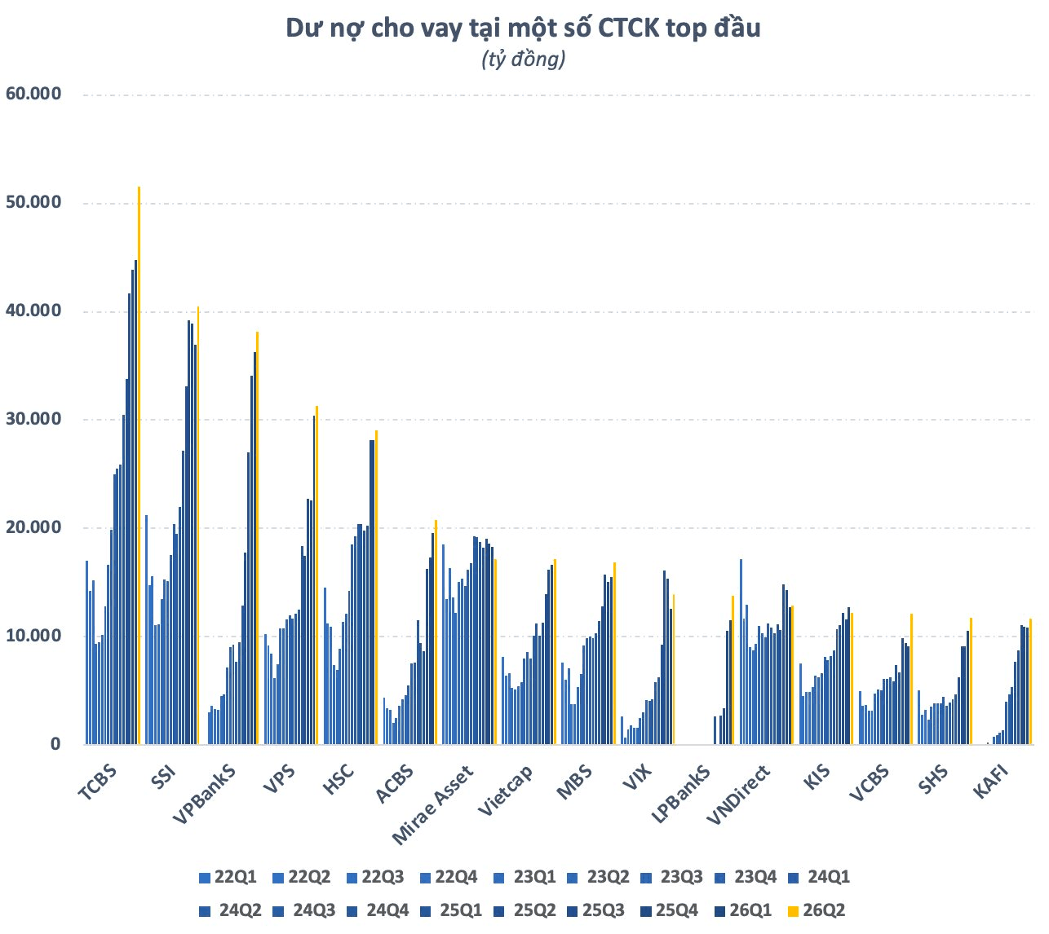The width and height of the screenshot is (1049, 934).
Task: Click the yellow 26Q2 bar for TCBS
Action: [139, 465]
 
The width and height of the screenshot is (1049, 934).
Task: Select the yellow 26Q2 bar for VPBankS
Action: [257, 537]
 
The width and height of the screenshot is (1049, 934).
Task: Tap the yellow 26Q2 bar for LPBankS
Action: [733, 670]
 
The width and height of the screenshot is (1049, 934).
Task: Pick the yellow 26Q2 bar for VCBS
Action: [911, 678]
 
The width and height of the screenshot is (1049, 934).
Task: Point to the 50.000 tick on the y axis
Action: [33, 202]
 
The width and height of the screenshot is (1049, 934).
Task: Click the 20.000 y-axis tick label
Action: [33, 526]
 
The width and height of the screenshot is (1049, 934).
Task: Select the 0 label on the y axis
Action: [55, 743]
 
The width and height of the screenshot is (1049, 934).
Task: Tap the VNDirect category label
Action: [738, 795]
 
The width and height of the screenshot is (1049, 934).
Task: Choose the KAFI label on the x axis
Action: [991, 782]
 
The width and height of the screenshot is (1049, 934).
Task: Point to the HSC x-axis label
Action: [338, 779]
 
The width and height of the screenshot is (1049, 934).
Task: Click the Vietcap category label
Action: [505, 790]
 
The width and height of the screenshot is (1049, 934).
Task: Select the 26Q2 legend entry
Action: [817, 910]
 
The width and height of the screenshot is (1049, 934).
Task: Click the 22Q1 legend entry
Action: [228, 877]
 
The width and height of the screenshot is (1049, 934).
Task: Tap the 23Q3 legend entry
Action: [671, 877]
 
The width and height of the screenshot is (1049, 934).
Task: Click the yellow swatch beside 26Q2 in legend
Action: [793, 910]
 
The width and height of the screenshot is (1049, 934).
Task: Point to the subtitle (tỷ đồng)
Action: [523, 59]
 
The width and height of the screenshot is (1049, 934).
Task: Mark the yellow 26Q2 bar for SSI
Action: [197, 525]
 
